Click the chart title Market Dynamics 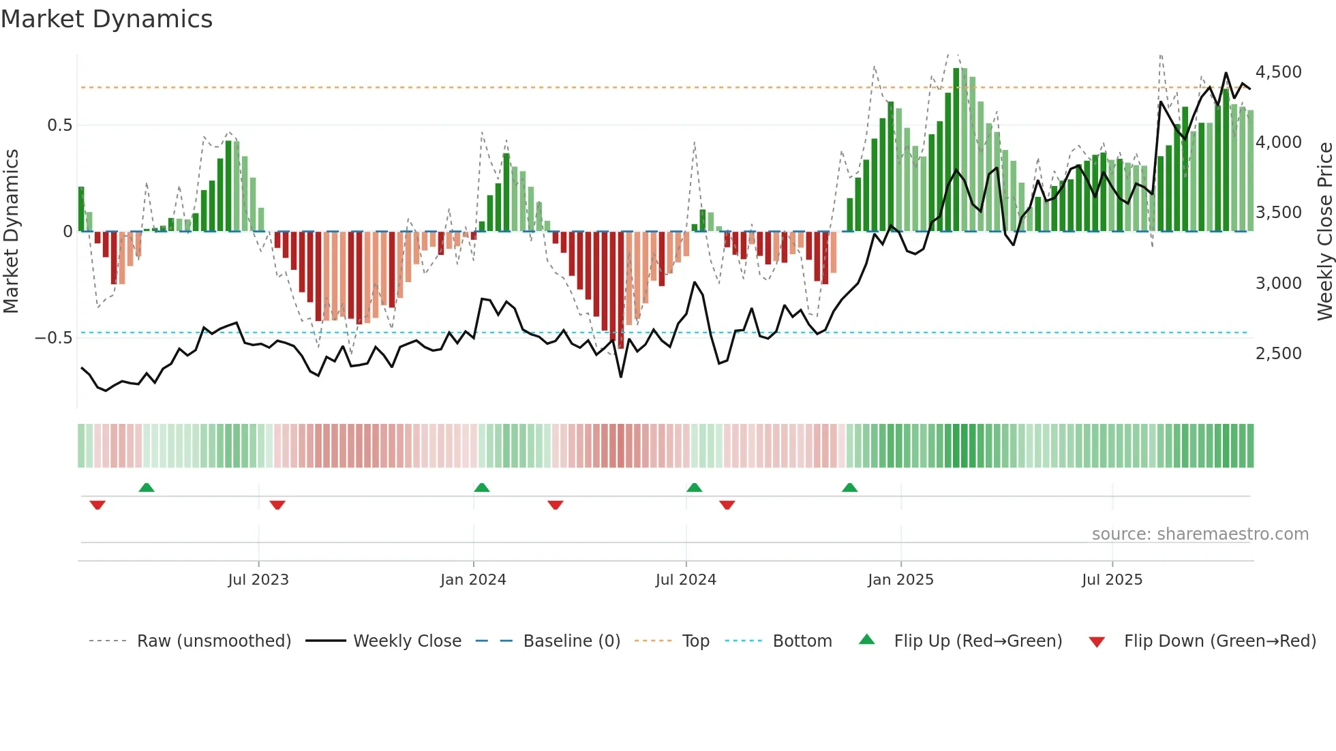pos(106,19)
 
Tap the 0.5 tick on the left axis pos(59,125)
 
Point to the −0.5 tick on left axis pos(54,338)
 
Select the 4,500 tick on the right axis pos(1279,72)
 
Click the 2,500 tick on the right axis pos(1279,354)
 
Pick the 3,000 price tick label pos(1279,283)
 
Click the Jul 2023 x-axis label pos(258,580)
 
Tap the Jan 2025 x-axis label pos(900,580)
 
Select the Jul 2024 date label pos(686,580)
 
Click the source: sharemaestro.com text pos(1200,534)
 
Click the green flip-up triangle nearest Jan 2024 pos(482,487)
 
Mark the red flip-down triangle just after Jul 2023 pos(277,505)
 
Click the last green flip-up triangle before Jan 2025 pos(849,487)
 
